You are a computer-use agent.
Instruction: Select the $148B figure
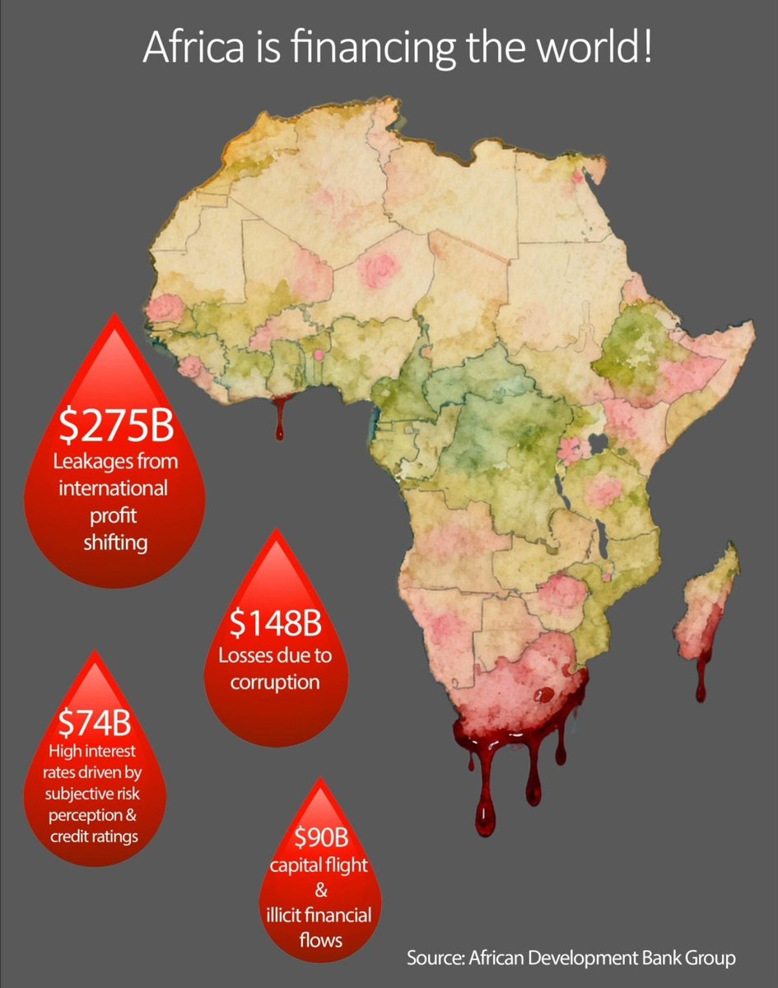[x=275, y=625]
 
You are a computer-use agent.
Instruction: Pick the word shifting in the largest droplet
[x=114, y=543]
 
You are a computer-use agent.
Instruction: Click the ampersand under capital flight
[x=322, y=890]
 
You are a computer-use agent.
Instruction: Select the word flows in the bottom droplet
[x=322, y=939]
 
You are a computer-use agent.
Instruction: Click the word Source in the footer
[x=436, y=958]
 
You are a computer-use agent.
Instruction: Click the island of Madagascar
[x=712, y=601]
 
